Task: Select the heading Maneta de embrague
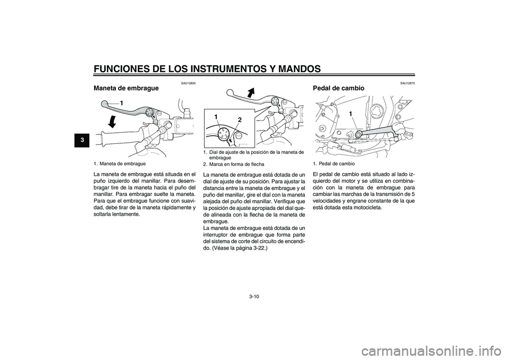pyautogui.click(x=125, y=88)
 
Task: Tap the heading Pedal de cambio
pyautogui.click(x=339, y=88)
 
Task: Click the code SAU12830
pyautogui.click(x=189, y=82)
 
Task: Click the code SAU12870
pyautogui.click(x=407, y=82)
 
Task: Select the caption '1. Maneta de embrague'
pyautogui.click(x=120, y=164)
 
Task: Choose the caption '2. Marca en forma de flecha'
pyautogui.click(x=233, y=164)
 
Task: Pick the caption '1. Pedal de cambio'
pyautogui.click(x=334, y=164)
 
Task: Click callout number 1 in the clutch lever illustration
pyautogui.click(x=121, y=101)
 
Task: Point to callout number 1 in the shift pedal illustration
pyautogui.click(x=351, y=114)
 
